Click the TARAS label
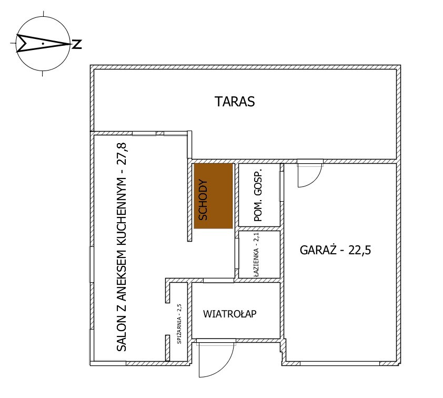click(235, 102)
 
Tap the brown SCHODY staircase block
click(213, 196)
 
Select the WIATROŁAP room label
click(230, 314)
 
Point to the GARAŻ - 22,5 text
click(335, 250)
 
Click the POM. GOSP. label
click(258, 195)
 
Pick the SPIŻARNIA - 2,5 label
click(179, 324)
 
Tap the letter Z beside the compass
click(77, 44)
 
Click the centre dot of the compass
click(43, 44)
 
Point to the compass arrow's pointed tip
click(71, 44)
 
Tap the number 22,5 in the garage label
click(359, 250)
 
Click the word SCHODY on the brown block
click(203, 200)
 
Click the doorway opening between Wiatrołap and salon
click(218, 281)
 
